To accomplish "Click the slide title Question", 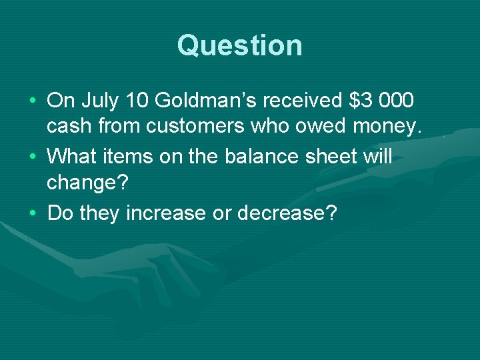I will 240,46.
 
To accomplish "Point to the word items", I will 129,157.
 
